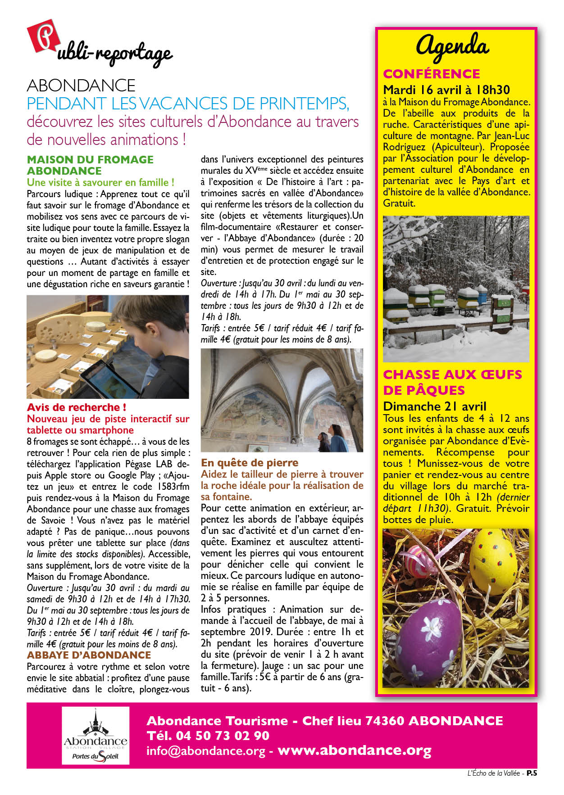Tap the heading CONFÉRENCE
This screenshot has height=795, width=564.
(x=431, y=74)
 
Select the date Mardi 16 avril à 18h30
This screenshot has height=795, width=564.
(x=446, y=90)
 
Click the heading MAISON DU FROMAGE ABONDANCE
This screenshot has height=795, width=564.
(x=90, y=165)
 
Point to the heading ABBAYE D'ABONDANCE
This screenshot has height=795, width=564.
(x=89, y=655)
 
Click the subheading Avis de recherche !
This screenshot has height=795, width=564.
(x=76, y=407)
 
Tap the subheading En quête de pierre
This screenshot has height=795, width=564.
(x=250, y=463)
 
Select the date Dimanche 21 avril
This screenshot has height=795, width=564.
(x=435, y=407)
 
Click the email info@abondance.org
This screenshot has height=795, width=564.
(x=205, y=751)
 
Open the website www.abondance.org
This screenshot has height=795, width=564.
(x=355, y=750)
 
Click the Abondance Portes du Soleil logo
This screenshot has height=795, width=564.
(x=95, y=736)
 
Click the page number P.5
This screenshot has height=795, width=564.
(x=532, y=773)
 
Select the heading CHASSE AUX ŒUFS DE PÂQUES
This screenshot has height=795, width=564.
(x=452, y=382)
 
